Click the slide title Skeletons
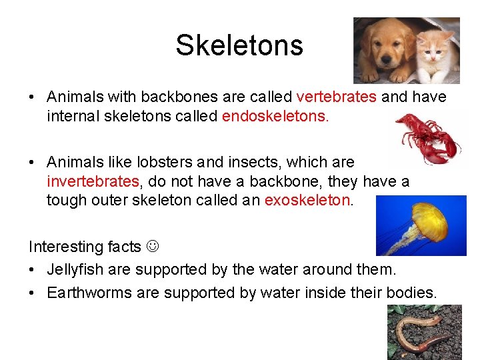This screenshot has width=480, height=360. (x=239, y=45)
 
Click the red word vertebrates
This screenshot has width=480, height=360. (x=336, y=97)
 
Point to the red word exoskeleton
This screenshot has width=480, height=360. (x=307, y=201)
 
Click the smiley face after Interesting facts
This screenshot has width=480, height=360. (x=153, y=247)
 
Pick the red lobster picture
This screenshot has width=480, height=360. (x=427, y=137)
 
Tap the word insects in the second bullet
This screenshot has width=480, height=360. (x=245, y=162)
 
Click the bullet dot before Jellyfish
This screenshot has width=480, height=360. (x=33, y=271)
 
